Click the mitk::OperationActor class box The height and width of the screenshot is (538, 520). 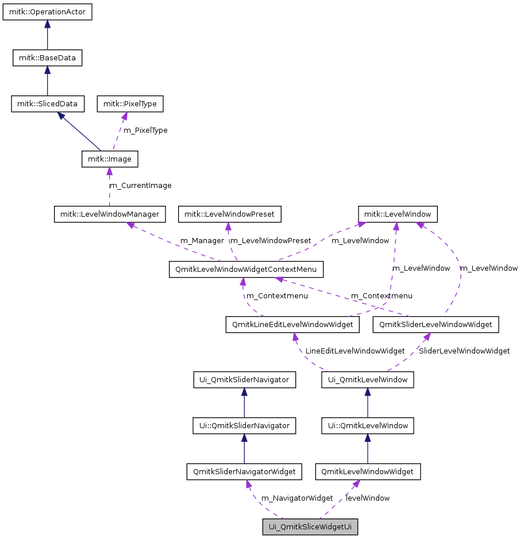(47, 12)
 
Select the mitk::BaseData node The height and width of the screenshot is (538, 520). (47, 57)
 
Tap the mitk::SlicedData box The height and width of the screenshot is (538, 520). (47, 104)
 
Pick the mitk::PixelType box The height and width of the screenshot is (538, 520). (130, 104)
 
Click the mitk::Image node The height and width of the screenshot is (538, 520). (110, 159)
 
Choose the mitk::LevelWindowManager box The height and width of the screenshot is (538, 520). (110, 214)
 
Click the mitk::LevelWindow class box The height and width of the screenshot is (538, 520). (398, 214)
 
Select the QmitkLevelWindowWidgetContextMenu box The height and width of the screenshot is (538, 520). (246, 270)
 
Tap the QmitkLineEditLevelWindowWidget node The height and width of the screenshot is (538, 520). (292, 325)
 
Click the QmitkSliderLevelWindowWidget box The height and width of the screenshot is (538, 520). (436, 325)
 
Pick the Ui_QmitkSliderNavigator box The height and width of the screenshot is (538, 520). (244, 380)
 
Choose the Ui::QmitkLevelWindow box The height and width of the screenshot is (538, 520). (368, 426)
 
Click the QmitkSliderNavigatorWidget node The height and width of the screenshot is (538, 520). (244, 472)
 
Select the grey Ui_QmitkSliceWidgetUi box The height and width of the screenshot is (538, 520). (310, 527)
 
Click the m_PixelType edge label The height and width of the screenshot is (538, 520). (146, 130)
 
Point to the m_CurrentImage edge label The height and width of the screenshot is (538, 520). (140, 186)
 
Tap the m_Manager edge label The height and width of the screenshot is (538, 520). (202, 241)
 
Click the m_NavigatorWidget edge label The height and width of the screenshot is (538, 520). (296, 498)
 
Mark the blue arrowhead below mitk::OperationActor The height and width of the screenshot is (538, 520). (47, 25)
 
